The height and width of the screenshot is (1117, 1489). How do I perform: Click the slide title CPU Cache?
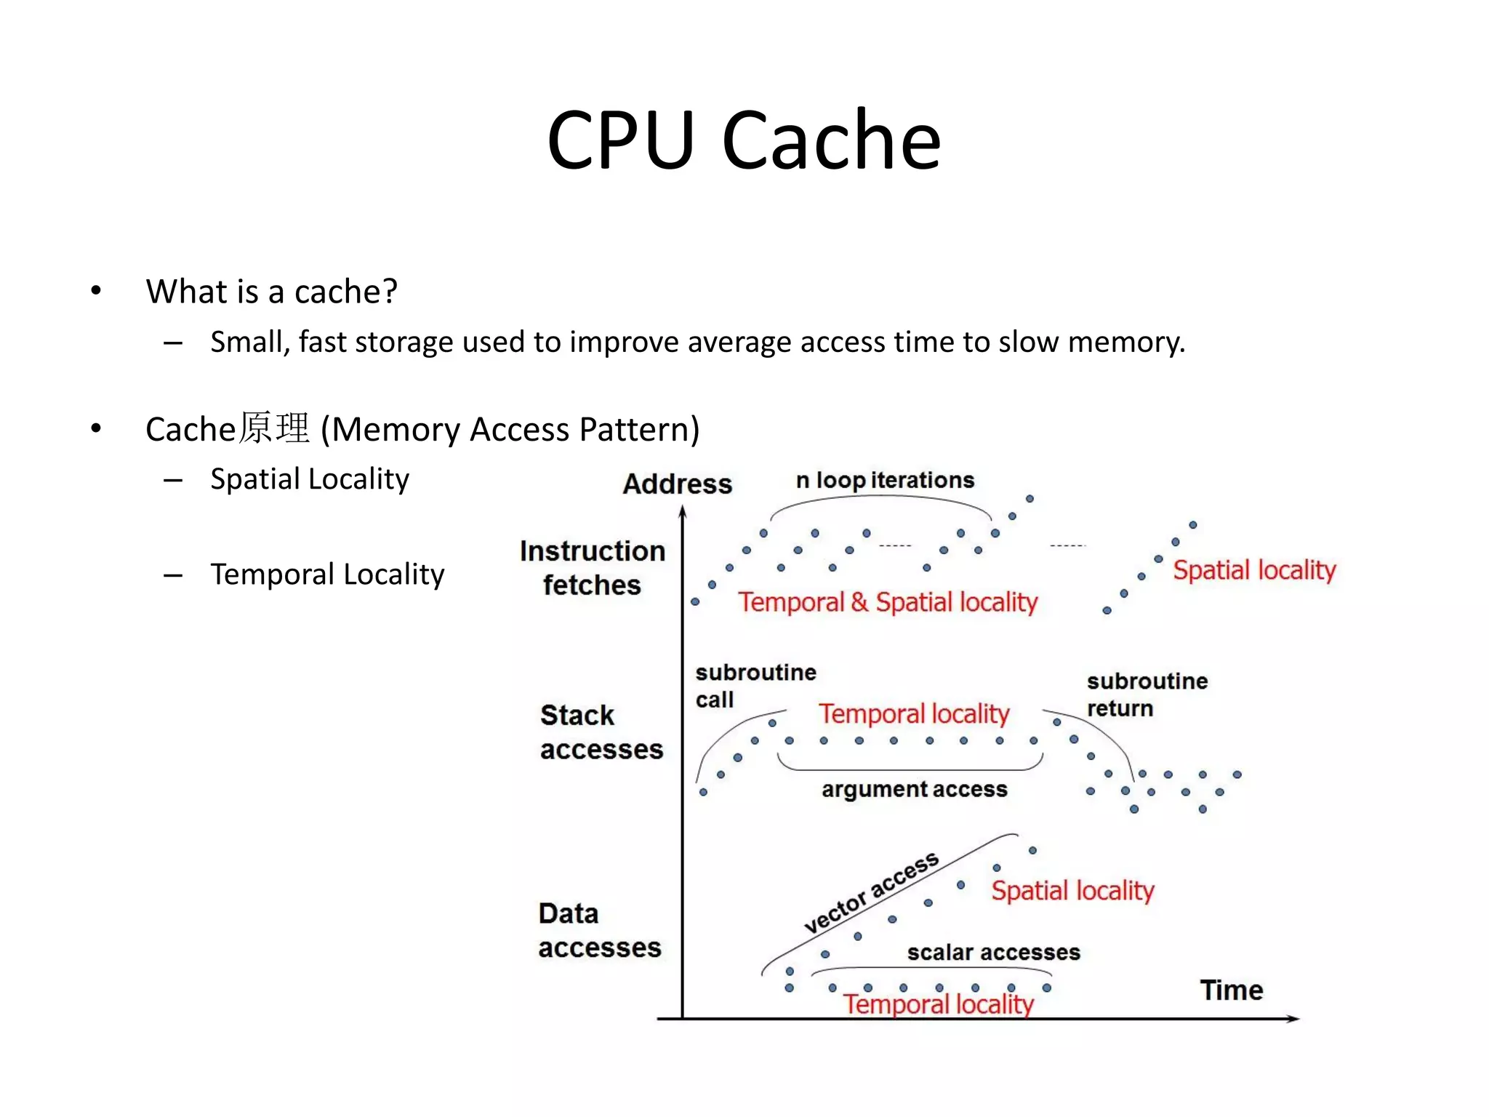tap(743, 140)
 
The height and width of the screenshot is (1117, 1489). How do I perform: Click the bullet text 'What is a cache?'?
tap(271, 291)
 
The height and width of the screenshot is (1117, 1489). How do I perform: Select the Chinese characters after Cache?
tap(274, 428)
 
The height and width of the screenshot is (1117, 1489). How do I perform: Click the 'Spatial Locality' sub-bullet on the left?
tap(309, 479)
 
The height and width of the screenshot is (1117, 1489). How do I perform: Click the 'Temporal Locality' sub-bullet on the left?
tap(326, 574)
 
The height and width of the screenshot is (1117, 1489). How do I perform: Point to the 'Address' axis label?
tap(677, 484)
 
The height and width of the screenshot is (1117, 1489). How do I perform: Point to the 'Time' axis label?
tap(1231, 990)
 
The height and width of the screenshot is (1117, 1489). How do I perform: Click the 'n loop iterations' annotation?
tap(884, 480)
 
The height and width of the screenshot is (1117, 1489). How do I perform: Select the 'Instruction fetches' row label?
tap(592, 567)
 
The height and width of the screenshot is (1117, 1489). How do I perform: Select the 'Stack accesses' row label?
tap(601, 732)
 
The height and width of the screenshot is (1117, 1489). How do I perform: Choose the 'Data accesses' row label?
tap(599, 930)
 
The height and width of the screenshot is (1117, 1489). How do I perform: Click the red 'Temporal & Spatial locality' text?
tap(888, 602)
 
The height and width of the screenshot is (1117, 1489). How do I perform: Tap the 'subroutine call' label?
tap(755, 685)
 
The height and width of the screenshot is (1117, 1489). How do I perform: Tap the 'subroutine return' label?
tap(1147, 694)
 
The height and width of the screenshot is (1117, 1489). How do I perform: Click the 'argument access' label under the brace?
tap(914, 789)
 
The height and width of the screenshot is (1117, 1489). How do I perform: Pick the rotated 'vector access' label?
tap(871, 892)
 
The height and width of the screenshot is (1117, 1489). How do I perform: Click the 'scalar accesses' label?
tap(993, 952)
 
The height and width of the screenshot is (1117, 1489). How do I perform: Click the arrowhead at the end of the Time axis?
tap(1293, 1018)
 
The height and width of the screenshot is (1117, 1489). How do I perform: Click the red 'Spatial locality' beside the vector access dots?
tap(1072, 890)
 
